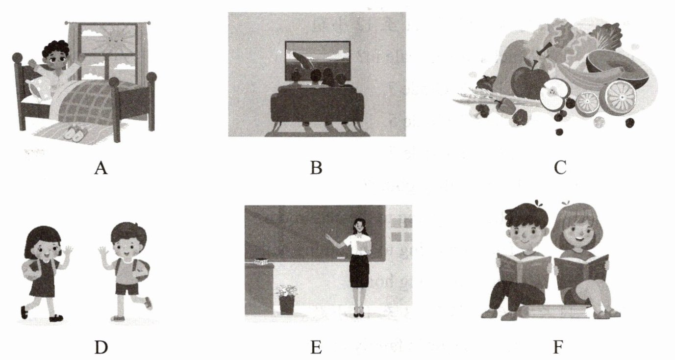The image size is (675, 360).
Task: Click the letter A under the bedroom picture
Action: coord(101,168)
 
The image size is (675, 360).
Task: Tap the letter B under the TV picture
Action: coord(316,168)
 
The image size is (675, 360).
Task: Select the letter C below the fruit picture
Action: coord(560,168)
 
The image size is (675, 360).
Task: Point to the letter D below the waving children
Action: coord(101,347)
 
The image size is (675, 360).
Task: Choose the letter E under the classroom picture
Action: coord(316,347)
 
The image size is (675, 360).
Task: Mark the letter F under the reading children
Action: coord(558,347)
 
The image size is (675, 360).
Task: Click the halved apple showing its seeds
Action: coord(554,94)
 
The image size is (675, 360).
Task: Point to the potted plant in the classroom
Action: coord(287,300)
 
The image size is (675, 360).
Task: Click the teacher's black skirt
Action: coord(359,271)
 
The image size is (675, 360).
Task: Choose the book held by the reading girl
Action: coord(581,271)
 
